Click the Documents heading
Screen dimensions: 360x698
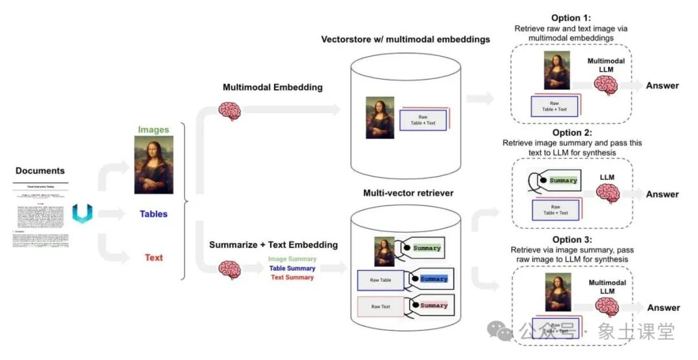(40, 171)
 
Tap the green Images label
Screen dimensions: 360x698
(153, 130)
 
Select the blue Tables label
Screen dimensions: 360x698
(154, 214)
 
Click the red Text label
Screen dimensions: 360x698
(154, 258)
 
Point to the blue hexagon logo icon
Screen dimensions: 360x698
(82, 213)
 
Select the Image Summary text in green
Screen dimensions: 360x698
(292, 259)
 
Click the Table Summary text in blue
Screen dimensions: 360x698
(292, 268)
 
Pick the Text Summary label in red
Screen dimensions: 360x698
(292, 277)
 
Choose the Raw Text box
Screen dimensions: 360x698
(380, 306)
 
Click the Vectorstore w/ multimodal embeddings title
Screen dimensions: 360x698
(405, 39)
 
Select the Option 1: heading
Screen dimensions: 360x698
(571, 18)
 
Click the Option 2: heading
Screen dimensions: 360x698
(572, 132)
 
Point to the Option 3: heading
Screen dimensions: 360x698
(571, 240)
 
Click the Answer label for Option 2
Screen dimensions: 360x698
(662, 195)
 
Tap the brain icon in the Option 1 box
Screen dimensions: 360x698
(606, 85)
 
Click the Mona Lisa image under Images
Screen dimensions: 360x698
(154, 165)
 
